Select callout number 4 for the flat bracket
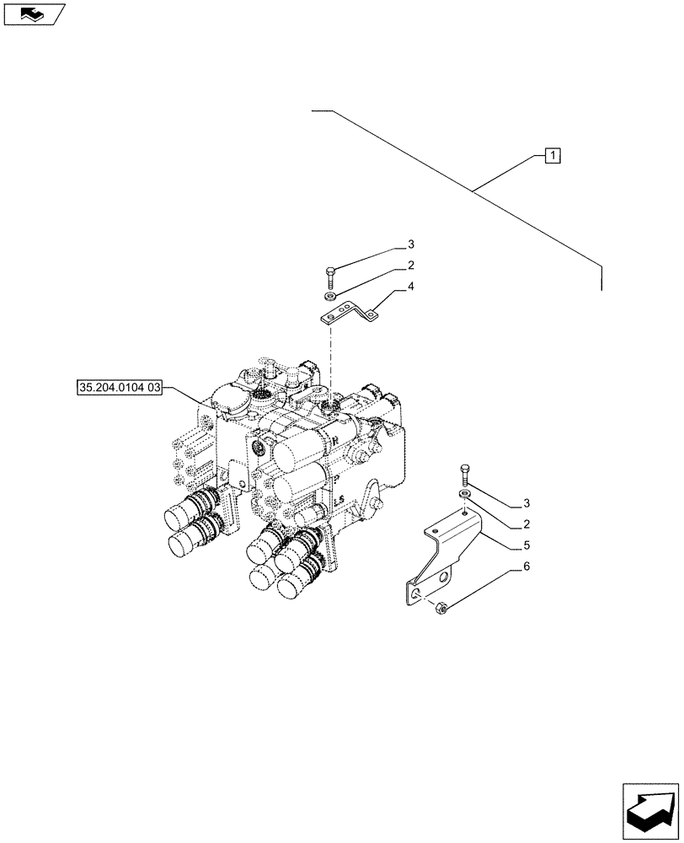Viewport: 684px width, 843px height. pyautogui.click(x=410, y=287)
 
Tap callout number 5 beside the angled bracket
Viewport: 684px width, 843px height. pyautogui.click(x=526, y=545)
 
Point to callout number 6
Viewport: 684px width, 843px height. pyautogui.click(x=526, y=566)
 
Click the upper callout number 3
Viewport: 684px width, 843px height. pyautogui.click(x=411, y=244)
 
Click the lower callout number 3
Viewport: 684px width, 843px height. pyautogui.click(x=526, y=504)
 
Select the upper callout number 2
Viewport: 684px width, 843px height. pyautogui.click(x=411, y=266)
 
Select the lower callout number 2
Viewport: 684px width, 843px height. pyautogui.click(x=526, y=524)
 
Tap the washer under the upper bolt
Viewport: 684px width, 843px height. pyautogui.click(x=331, y=296)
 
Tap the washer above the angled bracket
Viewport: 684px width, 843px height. pyautogui.click(x=464, y=492)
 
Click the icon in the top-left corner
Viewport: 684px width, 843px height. pyautogui.click(x=35, y=13)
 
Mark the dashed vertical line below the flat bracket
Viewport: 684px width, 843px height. pyautogui.click(x=330, y=354)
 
